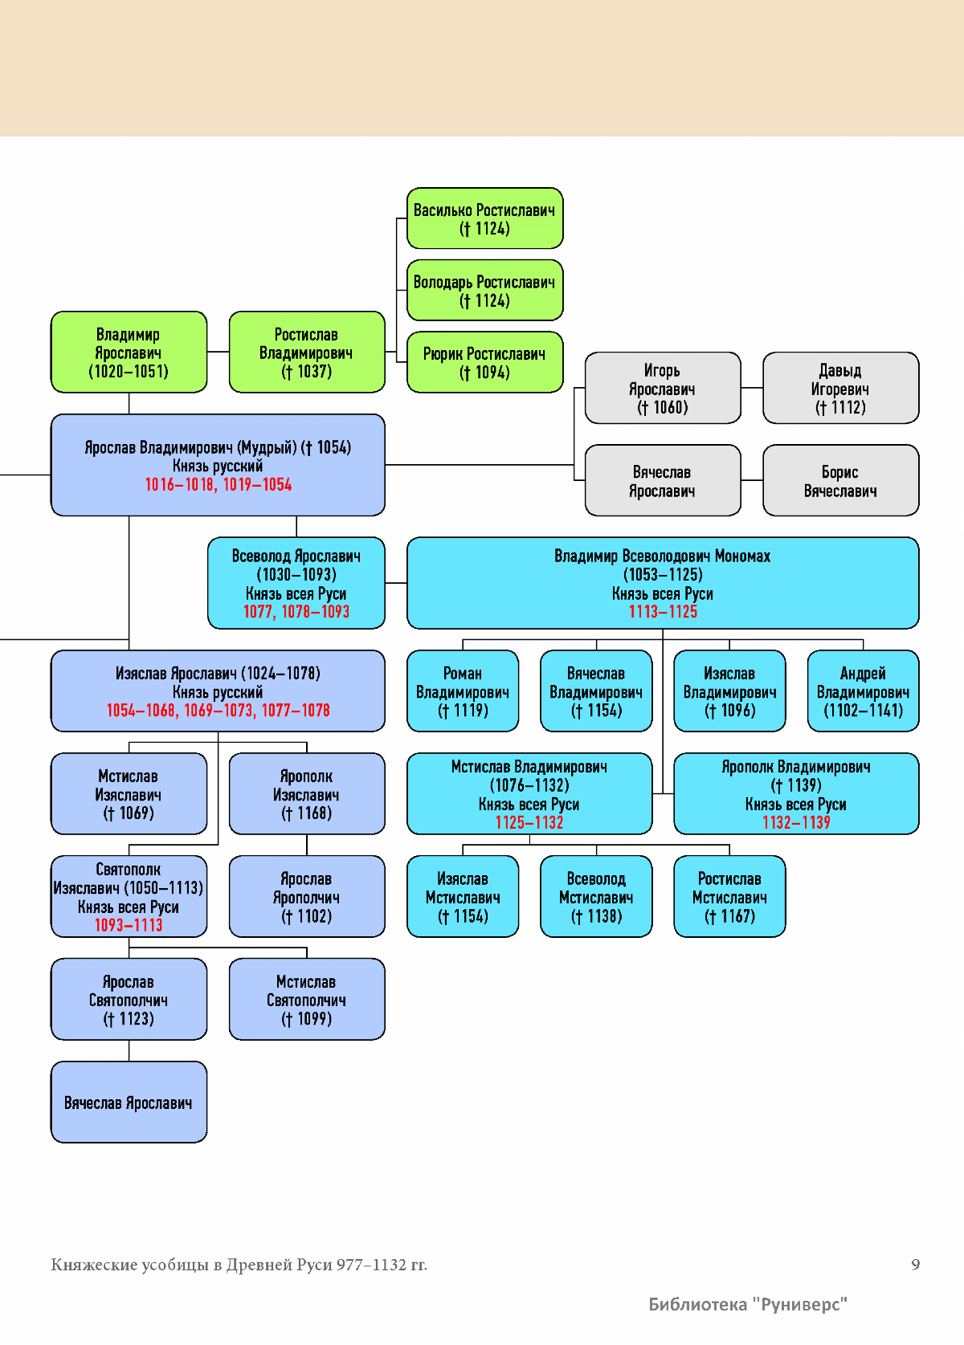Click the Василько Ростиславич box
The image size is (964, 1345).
tap(484, 218)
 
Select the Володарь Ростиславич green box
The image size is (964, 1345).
tap(484, 290)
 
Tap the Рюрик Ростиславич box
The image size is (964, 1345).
tap(484, 362)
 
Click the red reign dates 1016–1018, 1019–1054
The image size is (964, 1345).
tap(218, 485)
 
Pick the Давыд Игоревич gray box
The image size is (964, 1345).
tap(840, 388)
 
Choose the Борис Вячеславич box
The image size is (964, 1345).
tap(840, 480)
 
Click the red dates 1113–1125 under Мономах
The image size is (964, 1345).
tap(663, 612)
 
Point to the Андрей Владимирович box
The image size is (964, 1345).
tap(863, 691)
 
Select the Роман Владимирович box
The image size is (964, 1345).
tap(463, 691)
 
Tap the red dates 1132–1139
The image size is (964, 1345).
tap(796, 823)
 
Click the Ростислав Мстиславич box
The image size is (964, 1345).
tap(729, 896)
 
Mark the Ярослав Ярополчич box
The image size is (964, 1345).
tap(306, 896)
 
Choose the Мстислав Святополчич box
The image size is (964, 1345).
tap(306, 999)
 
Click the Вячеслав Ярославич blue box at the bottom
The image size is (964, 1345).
tap(129, 1102)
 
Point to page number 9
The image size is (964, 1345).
tap(915, 1265)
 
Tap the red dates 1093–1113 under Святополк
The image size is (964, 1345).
tap(129, 926)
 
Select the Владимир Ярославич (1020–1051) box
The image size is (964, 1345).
tap(129, 352)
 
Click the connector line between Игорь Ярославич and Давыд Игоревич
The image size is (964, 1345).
tap(752, 388)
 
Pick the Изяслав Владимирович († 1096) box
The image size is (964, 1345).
tap(729, 691)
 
